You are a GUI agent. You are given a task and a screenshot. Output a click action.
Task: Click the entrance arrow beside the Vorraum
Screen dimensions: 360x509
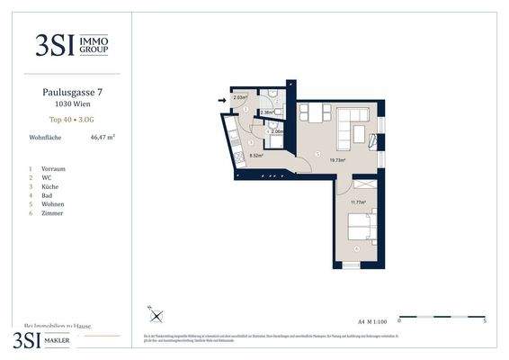pyautogui.click(x=221, y=101)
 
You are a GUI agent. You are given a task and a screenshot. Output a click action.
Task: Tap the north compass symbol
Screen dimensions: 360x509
pyautogui.click(x=156, y=315)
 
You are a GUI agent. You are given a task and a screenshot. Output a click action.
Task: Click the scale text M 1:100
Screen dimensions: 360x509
pyautogui.click(x=375, y=320)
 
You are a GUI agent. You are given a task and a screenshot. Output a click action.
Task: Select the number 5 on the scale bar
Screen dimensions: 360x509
pyautogui.click(x=485, y=320)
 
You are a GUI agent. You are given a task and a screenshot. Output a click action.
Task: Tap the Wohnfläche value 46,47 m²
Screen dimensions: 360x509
pyautogui.click(x=103, y=138)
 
